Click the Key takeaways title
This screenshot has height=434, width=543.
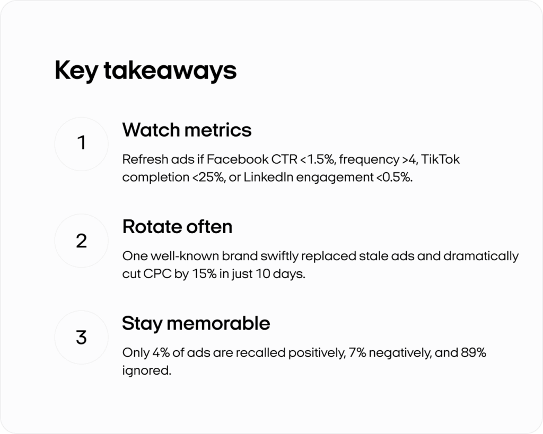tap(145, 70)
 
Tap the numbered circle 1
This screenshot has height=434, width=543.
tap(81, 144)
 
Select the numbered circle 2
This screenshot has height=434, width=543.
tap(81, 241)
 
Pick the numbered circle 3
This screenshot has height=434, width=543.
tap(81, 337)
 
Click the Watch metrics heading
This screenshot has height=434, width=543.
tap(187, 130)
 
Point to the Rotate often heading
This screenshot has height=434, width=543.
tap(177, 227)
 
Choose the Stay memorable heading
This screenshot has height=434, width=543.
tap(196, 324)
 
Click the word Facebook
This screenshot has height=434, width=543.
tap(238, 159)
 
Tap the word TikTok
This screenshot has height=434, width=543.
tap(441, 159)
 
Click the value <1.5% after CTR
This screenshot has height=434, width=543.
tap(318, 159)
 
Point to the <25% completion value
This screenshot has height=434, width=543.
tap(208, 177)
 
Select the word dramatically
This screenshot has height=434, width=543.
tap(481, 256)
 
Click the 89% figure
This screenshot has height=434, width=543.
tap(474, 353)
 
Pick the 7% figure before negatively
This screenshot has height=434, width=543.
tap(357, 353)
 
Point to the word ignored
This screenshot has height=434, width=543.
tap(146, 370)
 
